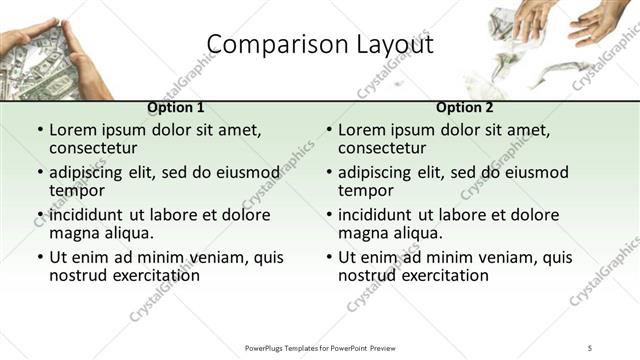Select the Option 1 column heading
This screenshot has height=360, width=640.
175,107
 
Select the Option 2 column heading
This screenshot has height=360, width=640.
464,107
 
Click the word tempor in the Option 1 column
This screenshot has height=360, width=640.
75,191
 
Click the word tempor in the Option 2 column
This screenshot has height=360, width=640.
364,191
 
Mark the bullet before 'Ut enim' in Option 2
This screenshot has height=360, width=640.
329,257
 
